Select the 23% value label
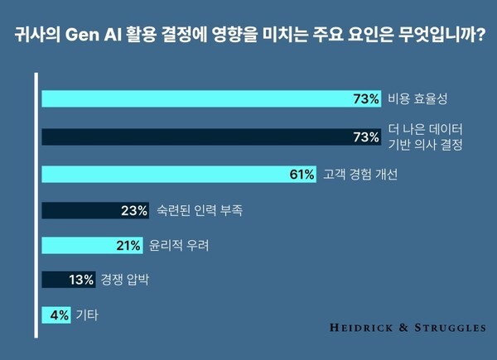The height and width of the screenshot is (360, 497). coord(134,210)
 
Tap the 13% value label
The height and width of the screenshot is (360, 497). coord(81,281)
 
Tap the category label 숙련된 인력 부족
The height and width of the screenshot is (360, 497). coord(201,211)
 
